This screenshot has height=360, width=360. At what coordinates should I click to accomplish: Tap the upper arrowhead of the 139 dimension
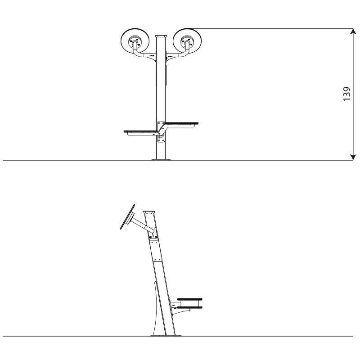(353, 31)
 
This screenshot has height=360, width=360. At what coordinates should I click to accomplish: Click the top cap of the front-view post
(161, 36)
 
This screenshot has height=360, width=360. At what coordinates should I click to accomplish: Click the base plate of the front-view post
(161, 159)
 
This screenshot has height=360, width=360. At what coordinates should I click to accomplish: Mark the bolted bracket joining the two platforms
(161, 131)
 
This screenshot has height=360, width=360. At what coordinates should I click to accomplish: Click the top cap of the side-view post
(149, 212)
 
